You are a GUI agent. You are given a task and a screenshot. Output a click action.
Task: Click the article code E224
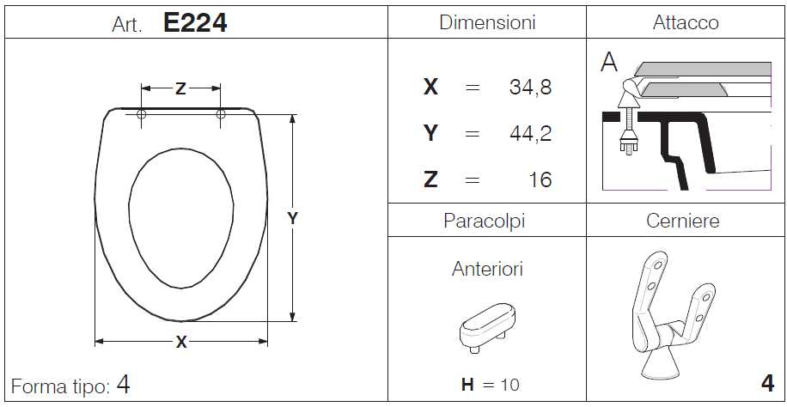click(x=195, y=23)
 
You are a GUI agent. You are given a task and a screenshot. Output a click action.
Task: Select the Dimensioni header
click(x=487, y=22)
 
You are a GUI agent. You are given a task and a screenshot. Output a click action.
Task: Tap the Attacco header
click(x=686, y=22)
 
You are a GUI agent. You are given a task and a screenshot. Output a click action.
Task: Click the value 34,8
click(x=530, y=88)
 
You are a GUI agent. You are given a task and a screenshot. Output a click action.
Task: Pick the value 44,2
click(x=530, y=133)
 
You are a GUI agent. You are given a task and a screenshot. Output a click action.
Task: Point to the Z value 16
click(x=540, y=179)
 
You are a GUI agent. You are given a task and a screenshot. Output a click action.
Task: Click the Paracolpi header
click(x=485, y=221)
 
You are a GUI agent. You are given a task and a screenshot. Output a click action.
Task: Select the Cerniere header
click(x=683, y=221)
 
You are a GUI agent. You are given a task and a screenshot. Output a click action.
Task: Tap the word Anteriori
click(x=487, y=269)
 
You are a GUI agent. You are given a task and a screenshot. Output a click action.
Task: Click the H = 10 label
click(x=490, y=385)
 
